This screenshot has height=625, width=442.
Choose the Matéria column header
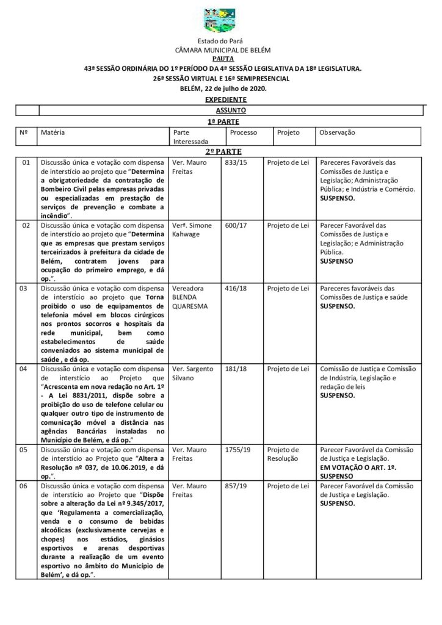click(53, 132)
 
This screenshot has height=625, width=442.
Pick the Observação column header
click(338, 132)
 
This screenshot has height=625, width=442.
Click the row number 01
click(26, 163)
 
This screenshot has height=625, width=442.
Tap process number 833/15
click(234, 163)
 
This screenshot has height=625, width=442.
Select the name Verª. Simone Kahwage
click(192, 229)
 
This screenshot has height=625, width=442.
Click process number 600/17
click(235, 225)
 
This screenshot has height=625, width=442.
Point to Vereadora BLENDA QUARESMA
click(191, 297)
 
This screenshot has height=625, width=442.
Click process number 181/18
click(235, 369)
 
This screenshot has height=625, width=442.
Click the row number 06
click(26, 487)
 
